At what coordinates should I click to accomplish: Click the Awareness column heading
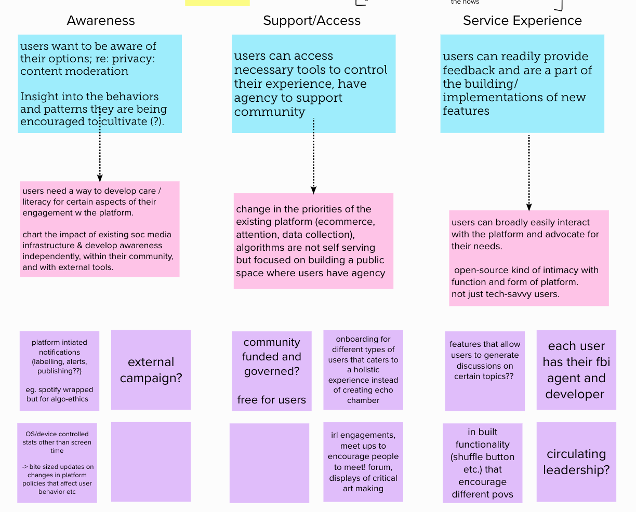tap(101, 21)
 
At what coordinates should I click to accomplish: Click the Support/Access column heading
tap(312, 21)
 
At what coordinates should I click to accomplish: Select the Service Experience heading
tap(522, 21)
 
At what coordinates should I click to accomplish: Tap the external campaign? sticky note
tap(151, 370)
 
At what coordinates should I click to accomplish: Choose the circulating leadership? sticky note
tap(576, 462)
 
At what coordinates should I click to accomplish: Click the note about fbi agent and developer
tap(576, 370)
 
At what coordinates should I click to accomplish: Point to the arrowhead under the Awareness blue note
tap(100, 178)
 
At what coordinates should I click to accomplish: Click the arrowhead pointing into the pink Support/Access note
tap(313, 190)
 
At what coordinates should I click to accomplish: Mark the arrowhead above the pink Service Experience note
tap(529, 207)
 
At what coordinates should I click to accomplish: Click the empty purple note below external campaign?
tap(151, 462)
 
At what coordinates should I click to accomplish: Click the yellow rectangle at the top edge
tap(217, 3)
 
